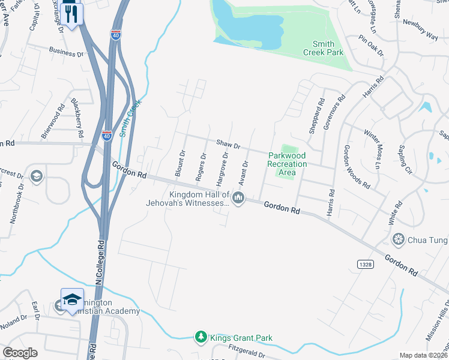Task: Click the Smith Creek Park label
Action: tap(328, 48)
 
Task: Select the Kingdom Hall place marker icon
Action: tap(239, 198)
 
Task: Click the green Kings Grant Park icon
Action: tap(202, 338)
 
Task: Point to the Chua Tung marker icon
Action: tap(397, 240)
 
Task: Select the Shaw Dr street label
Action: tap(228, 145)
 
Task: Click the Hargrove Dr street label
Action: tap(221, 169)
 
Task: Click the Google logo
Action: tap(20, 353)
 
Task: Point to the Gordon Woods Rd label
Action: tap(357, 166)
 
